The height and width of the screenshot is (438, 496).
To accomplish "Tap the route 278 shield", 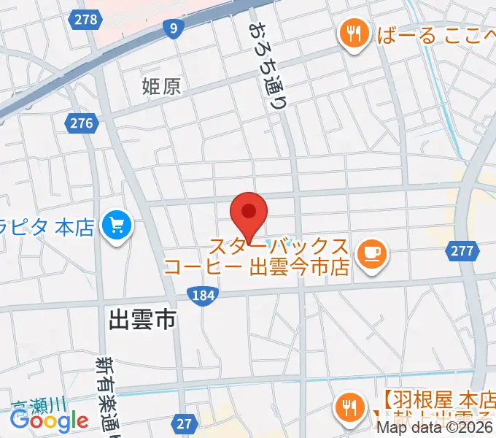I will pos(86,20).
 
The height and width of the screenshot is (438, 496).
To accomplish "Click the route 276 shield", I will pos(82,123).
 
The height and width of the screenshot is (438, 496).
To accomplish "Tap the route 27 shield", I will pos(185,423).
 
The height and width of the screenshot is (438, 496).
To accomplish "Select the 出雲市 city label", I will pos(142,319).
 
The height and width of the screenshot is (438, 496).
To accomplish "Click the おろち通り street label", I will pos(268,66).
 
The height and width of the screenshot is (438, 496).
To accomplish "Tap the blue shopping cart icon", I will pos(117,227).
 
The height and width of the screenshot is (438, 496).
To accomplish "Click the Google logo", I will pos(50,420).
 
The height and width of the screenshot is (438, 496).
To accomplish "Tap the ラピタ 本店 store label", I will pos(48,228).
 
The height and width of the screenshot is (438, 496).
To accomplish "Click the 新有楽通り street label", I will pos(109,394).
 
